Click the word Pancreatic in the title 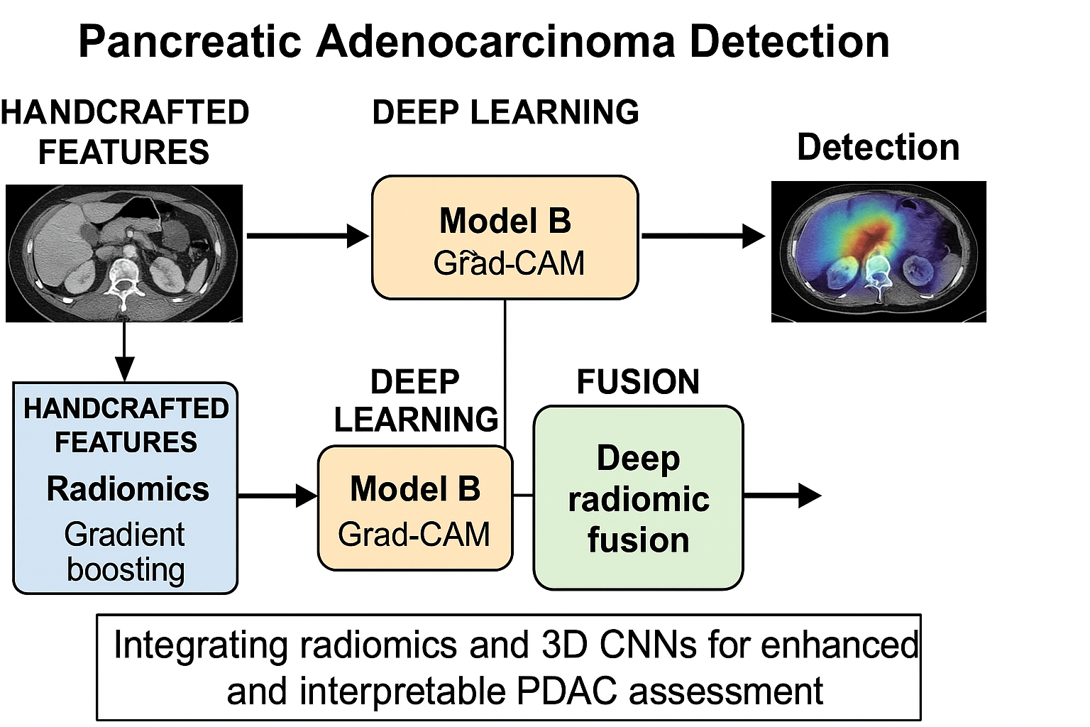click(x=190, y=41)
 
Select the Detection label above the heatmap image click(x=878, y=148)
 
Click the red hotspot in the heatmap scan click(x=874, y=234)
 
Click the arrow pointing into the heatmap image click(x=703, y=236)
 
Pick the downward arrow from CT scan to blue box click(x=125, y=351)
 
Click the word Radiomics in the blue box click(x=128, y=489)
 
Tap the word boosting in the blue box click(x=126, y=569)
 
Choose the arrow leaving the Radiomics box click(x=277, y=496)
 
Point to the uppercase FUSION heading click(x=638, y=382)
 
